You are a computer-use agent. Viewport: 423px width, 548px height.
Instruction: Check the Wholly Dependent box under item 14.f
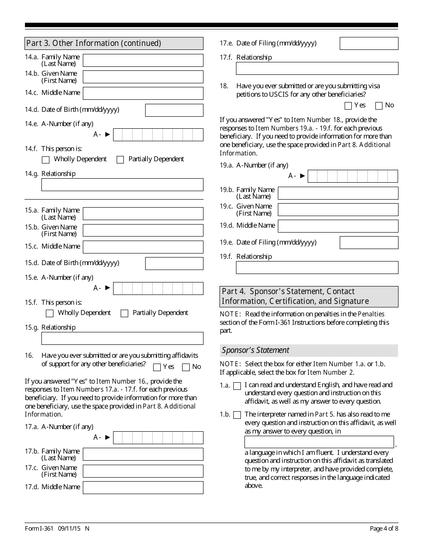click(x=45, y=159)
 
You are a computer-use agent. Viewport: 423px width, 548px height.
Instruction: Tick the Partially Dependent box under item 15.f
click(x=125, y=313)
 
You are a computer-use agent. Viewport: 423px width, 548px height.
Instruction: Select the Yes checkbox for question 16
click(x=157, y=367)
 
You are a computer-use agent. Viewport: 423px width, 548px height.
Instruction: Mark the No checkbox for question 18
click(x=379, y=106)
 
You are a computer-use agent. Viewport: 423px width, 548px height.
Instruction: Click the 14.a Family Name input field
click(x=143, y=61)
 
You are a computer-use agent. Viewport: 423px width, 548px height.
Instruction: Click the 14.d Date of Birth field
click(x=174, y=110)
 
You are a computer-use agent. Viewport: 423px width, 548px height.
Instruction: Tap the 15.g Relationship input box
click(x=122, y=339)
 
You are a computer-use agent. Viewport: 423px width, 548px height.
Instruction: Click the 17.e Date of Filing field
click(x=369, y=44)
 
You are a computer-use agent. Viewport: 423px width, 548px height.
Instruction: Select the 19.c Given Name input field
click(x=338, y=209)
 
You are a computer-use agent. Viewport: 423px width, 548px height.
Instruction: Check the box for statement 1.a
click(x=237, y=386)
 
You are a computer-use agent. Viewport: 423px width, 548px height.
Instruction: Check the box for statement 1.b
click(x=237, y=415)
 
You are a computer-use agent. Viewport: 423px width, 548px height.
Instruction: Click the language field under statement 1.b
click(x=319, y=442)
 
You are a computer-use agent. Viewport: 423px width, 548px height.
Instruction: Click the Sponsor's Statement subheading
click(x=256, y=350)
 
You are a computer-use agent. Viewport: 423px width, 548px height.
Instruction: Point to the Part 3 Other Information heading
click(x=94, y=43)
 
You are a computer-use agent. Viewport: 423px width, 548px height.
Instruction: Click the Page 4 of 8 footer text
click(x=384, y=529)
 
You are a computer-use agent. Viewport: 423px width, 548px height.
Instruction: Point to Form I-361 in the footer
click(x=39, y=529)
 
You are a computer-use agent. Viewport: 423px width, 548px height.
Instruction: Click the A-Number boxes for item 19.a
click(x=353, y=176)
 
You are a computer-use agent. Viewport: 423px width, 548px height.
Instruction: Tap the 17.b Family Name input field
click(x=143, y=454)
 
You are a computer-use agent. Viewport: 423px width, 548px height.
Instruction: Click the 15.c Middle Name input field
click(x=143, y=247)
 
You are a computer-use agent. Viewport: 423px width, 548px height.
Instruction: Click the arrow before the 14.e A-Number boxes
click(x=107, y=134)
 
